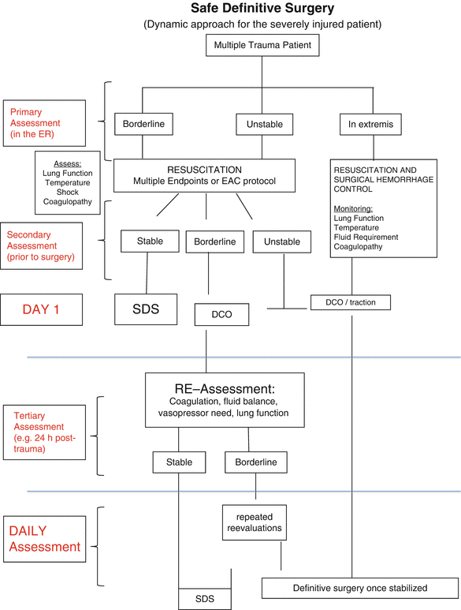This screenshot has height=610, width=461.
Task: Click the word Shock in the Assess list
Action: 68,193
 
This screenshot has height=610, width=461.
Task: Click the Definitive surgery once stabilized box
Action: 359,588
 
